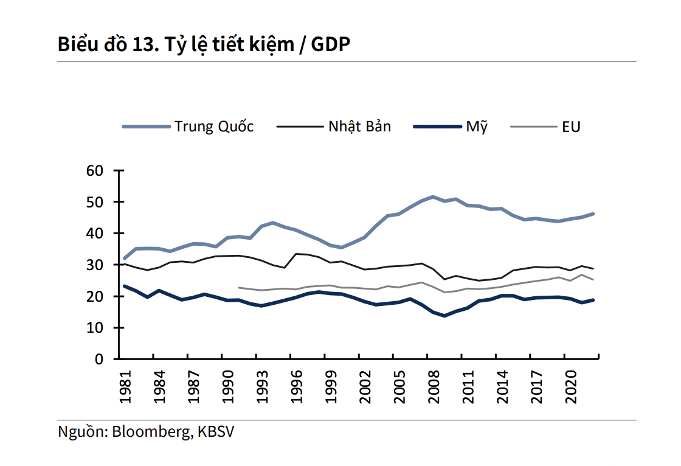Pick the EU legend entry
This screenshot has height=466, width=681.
click(571, 127)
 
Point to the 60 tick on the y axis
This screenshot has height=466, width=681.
click(96, 170)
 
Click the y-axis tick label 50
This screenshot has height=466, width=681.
click(96, 202)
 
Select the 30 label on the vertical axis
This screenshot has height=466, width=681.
click(96, 265)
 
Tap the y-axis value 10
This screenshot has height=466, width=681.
click(96, 328)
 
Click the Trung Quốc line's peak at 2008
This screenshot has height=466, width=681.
click(433, 196)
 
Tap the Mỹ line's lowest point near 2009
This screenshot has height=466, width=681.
click(444, 316)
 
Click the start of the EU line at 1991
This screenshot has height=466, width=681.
click(238, 288)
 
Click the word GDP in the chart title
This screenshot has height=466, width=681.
click(331, 44)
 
